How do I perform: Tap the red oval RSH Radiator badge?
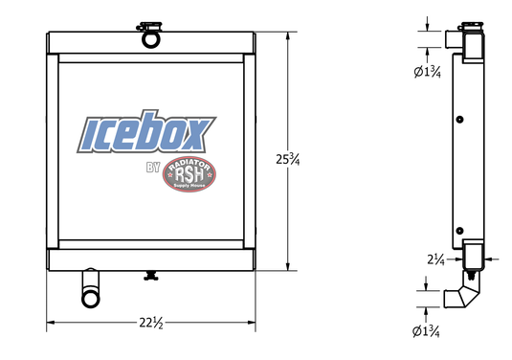(x=189, y=174)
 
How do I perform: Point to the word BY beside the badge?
(x=152, y=169)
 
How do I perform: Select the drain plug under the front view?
(x=149, y=278)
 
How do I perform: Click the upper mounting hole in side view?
(x=460, y=119)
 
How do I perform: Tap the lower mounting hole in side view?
(x=460, y=230)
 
